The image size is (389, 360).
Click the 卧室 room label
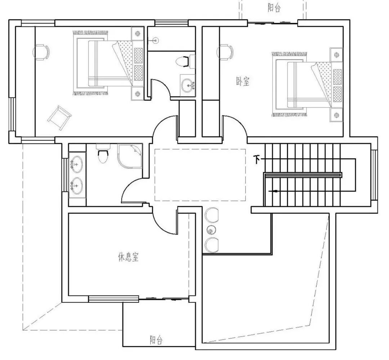(243, 81)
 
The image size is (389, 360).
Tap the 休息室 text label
(128, 257)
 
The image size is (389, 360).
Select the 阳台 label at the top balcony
(274, 8)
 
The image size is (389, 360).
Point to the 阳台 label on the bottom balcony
(156, 340)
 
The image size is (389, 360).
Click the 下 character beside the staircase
(256, 159)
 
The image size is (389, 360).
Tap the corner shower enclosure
(130, 156)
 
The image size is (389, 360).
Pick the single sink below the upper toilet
(188, 85)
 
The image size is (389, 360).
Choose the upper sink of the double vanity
(77, 164)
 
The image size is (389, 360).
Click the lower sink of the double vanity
(77, 186)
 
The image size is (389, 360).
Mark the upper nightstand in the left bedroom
(138, 33)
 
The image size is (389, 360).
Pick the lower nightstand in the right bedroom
(336, 115)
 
